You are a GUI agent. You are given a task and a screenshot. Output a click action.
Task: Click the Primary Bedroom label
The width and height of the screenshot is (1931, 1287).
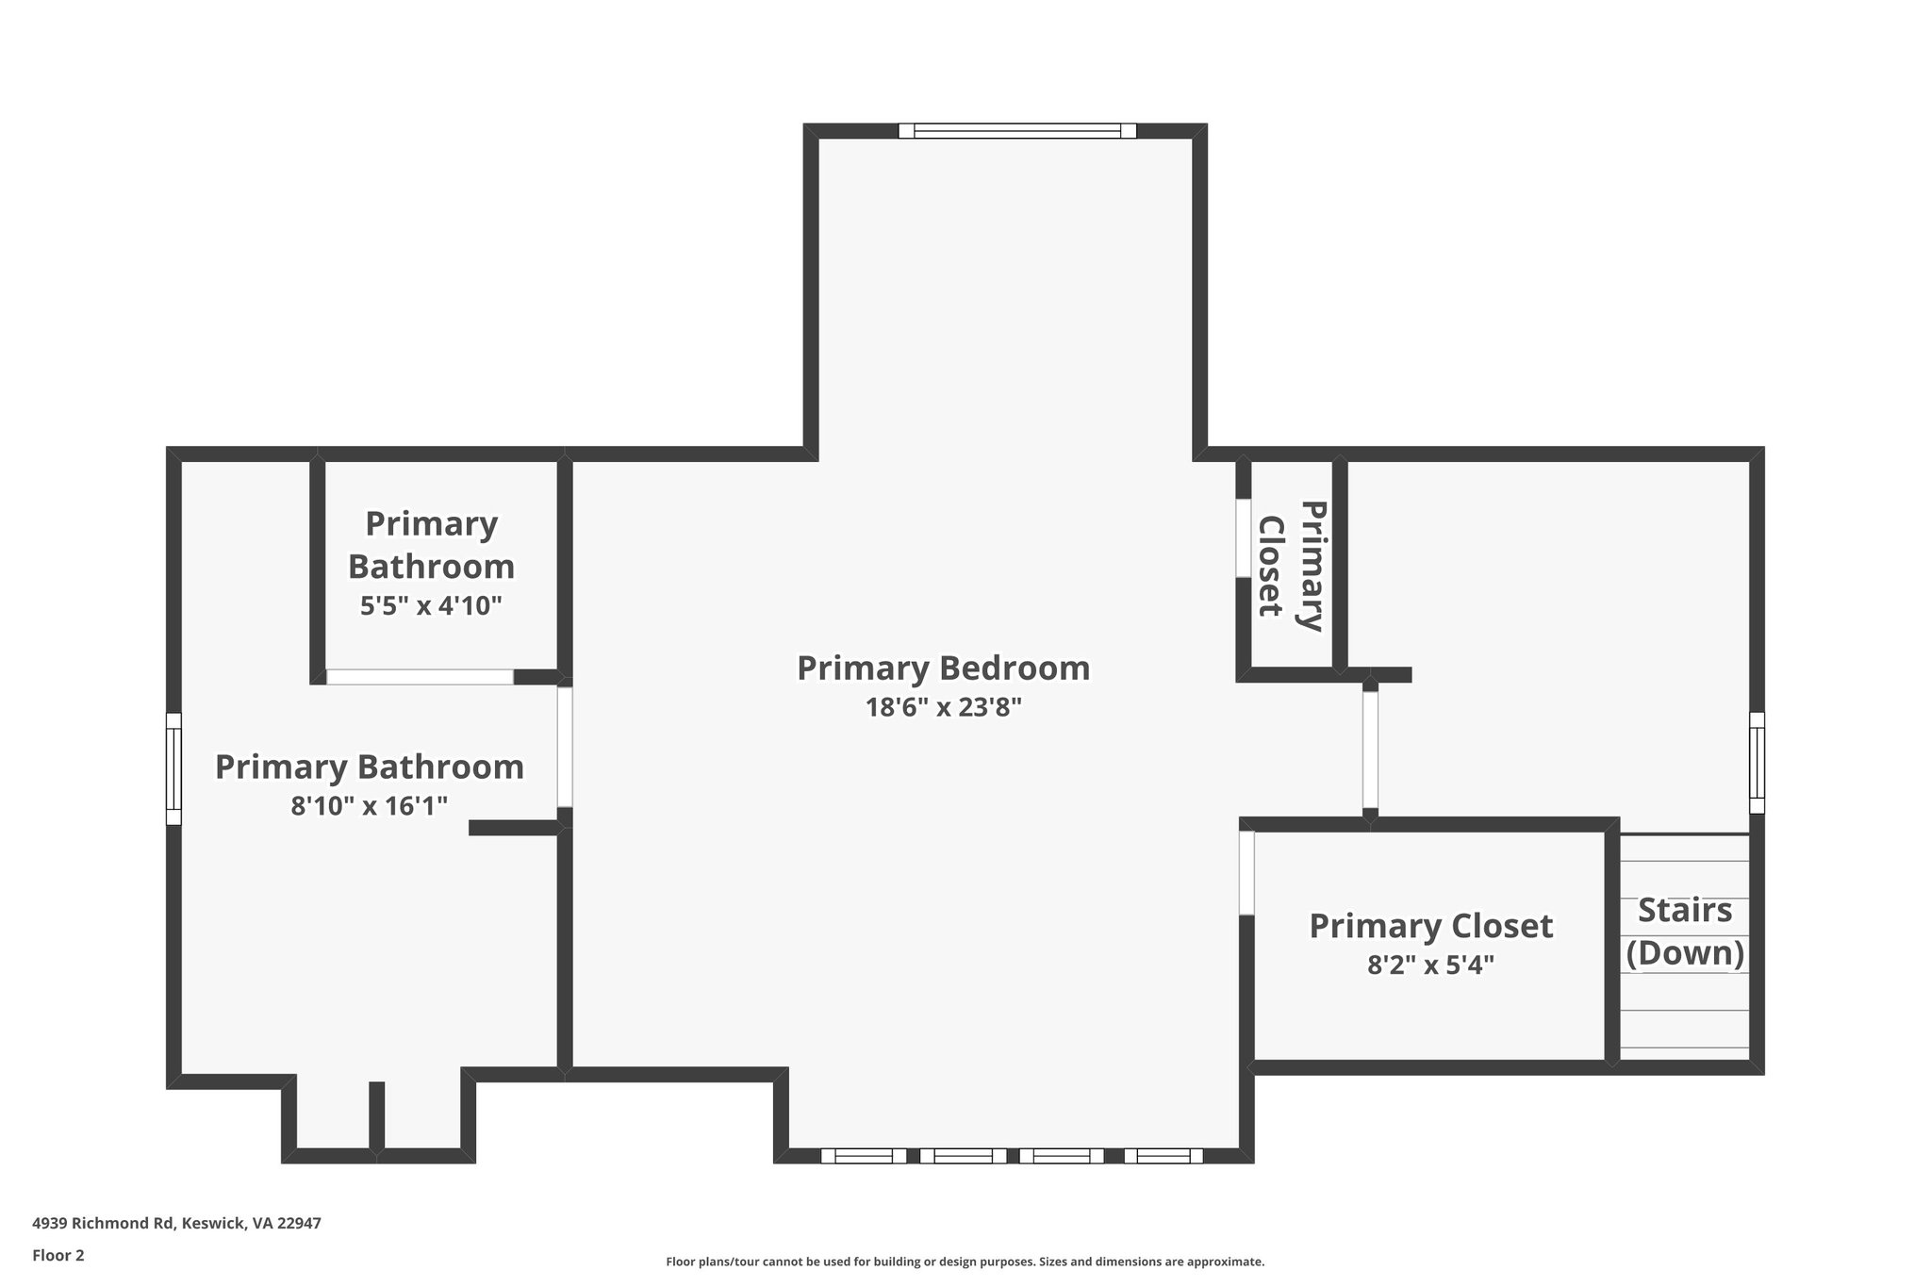(x=943, y=668)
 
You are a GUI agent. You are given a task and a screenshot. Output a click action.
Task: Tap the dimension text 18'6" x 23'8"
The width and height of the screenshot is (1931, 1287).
(x=943, y=707)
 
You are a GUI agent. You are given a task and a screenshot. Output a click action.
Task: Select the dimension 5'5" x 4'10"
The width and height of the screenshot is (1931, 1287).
(x=431, y=605)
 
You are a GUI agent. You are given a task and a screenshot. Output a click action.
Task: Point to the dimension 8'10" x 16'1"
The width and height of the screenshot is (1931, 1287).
(x=369, y=806)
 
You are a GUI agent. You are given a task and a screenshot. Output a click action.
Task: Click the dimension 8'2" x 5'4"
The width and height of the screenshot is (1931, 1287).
(x=1430, y=965)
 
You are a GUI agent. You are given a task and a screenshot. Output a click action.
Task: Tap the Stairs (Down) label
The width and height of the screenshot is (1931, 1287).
(x=1685, y=932)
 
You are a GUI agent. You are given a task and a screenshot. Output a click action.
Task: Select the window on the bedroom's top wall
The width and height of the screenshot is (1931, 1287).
(x=1016, y=131)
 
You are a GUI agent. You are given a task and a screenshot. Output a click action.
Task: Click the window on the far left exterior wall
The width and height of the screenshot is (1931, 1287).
(x=173, y=768)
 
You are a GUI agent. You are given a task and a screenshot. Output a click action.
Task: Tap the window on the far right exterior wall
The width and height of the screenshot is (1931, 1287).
(x=1757, y=762)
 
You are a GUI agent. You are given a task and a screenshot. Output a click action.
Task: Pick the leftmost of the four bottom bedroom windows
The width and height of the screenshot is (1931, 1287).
(x=863, y=1156)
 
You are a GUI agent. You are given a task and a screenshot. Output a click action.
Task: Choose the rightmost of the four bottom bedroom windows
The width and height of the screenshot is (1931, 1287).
(x=1163, y=1156)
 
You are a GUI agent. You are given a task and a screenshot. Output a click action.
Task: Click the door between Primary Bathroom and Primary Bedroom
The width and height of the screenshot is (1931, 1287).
(x=565, y=747)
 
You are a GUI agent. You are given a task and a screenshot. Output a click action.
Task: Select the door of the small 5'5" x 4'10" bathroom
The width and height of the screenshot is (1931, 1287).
(x=420, y=677)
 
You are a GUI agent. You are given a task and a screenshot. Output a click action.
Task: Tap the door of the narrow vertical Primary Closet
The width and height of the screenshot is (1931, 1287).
(x=1244, y=537)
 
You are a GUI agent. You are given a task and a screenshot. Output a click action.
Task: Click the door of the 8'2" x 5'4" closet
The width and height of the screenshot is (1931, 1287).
(x=1246, y=873)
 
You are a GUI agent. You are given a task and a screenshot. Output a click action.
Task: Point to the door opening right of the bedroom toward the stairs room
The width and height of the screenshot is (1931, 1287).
(x=1370, y=751)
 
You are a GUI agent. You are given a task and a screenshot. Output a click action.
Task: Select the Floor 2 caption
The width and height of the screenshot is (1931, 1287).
(x=58, y=1255)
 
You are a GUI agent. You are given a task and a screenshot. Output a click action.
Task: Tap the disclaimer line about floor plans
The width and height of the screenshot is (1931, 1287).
(x=965, y=1262)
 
